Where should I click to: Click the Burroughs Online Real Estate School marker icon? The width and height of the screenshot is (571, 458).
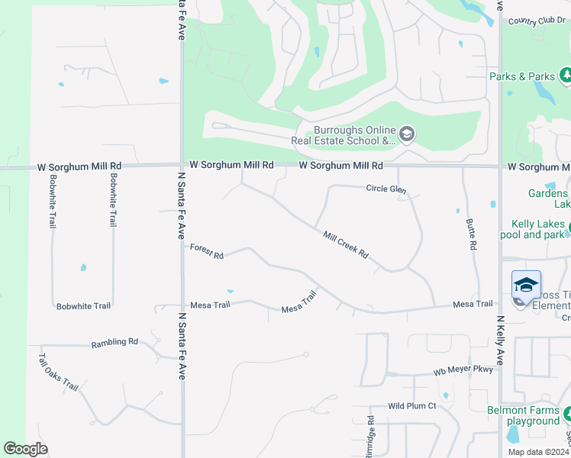click(407, 135)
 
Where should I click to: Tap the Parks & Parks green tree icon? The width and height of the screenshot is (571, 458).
click(566, 76)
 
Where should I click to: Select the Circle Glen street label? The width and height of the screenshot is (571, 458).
click(386, 189)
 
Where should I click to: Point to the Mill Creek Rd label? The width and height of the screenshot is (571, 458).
click(346, 245)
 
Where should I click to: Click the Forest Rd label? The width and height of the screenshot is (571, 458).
click(206, 251)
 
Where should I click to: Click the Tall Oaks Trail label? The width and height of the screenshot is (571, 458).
click(59, 373)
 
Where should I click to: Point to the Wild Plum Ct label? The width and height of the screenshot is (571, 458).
click(411, 406)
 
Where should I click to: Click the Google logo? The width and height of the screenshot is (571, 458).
click(25, 448)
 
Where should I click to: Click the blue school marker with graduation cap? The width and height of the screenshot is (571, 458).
click(526, 285)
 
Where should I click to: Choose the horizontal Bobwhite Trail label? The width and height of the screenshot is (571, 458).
click(84, 306)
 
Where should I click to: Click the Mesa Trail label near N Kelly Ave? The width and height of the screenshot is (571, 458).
click(473, 304)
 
